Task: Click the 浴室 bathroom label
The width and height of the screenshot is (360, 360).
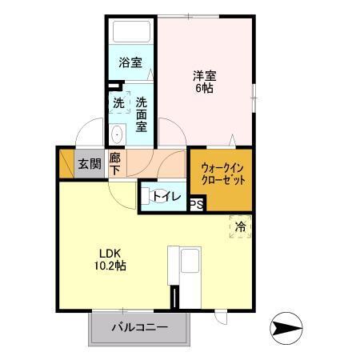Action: click(x=130, y=62)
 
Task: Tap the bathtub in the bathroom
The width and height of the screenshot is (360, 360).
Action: click(x=132, y=33)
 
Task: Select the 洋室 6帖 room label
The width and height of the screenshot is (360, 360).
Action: click(x=203, y=82)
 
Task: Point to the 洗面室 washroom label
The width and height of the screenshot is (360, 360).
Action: click(x=141, y=114)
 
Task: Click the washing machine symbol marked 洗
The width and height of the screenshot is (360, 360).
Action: click(x=118, y=103)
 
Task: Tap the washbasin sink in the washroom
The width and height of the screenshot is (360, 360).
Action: click(x=117, y=134)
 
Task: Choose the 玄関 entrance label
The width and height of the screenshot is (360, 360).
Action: click(x=89, y=164)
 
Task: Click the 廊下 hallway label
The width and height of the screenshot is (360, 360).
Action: click(x=115, y=164)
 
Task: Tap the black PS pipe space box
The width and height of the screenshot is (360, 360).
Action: click(x=197, y=205)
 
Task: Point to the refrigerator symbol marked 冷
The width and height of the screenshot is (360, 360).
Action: click(x=240, y=227)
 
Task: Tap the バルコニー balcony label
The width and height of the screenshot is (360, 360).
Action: click(x=139, y=327)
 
